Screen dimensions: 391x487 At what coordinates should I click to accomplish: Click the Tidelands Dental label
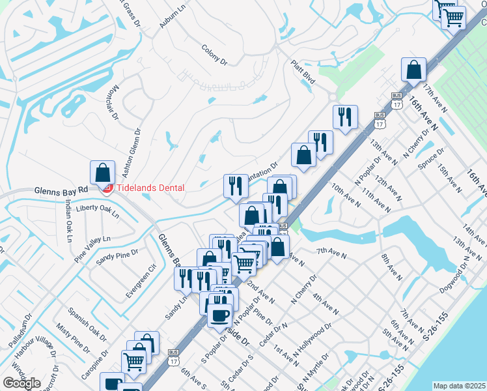[x=149, y=188]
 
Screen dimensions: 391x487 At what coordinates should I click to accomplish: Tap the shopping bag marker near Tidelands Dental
[x=102, y=173]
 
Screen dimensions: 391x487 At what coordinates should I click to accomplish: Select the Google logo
[x=21, y=383]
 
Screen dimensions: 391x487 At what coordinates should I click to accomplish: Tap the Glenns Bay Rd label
[x=61, y=190]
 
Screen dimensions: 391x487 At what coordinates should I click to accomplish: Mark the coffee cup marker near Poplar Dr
[x=219, y=315]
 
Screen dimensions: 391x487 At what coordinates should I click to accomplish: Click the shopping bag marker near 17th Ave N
[x=413, y=70]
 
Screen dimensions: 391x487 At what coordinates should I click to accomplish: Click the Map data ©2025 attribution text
[x=460, y=386]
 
